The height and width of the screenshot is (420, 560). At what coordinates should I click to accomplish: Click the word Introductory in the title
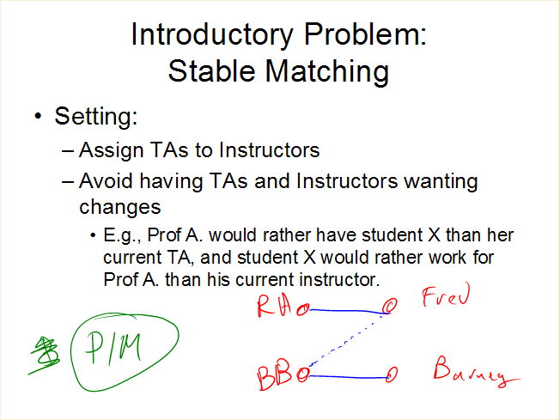coord(212,35)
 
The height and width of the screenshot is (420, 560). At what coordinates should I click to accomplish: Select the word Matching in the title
coord(326,72)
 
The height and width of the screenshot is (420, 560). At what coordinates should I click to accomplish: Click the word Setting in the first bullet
coord(95,117)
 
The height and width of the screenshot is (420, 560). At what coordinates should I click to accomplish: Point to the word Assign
coord(111,150)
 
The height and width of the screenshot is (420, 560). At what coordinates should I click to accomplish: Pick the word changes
coord(120,207)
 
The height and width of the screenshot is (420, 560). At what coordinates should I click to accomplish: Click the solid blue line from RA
coord(348,311)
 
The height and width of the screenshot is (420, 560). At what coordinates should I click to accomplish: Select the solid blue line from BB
coord(348,377)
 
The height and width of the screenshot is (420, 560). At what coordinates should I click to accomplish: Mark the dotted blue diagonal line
coord(341,344)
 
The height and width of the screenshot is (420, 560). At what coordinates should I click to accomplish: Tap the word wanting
coord(441,182)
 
